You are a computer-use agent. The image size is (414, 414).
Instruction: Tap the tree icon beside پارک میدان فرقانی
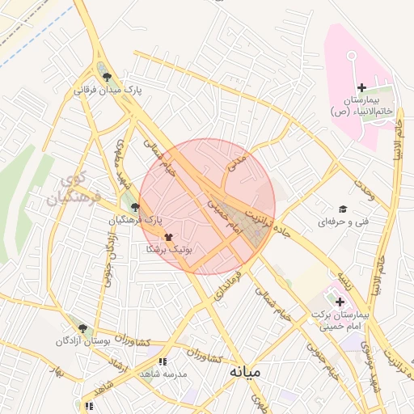[108, 78]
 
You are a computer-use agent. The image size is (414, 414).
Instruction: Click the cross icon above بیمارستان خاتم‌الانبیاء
[361, 87]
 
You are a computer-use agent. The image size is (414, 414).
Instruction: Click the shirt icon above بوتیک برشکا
[168, 238]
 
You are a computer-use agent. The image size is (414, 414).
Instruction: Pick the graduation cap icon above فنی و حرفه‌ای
[343, 209]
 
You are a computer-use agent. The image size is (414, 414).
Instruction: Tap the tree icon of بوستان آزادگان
[82, 328]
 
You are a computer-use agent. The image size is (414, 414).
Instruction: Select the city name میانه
[244, 371]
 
